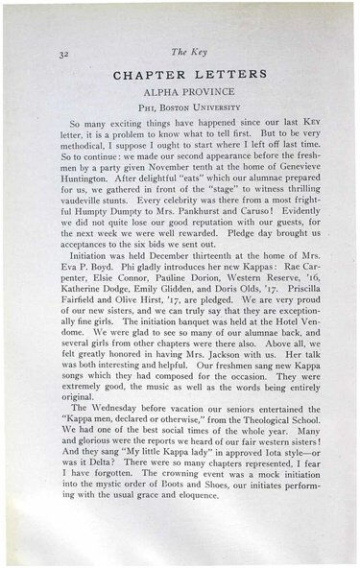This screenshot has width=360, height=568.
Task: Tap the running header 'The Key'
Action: [x=182, y=52]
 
